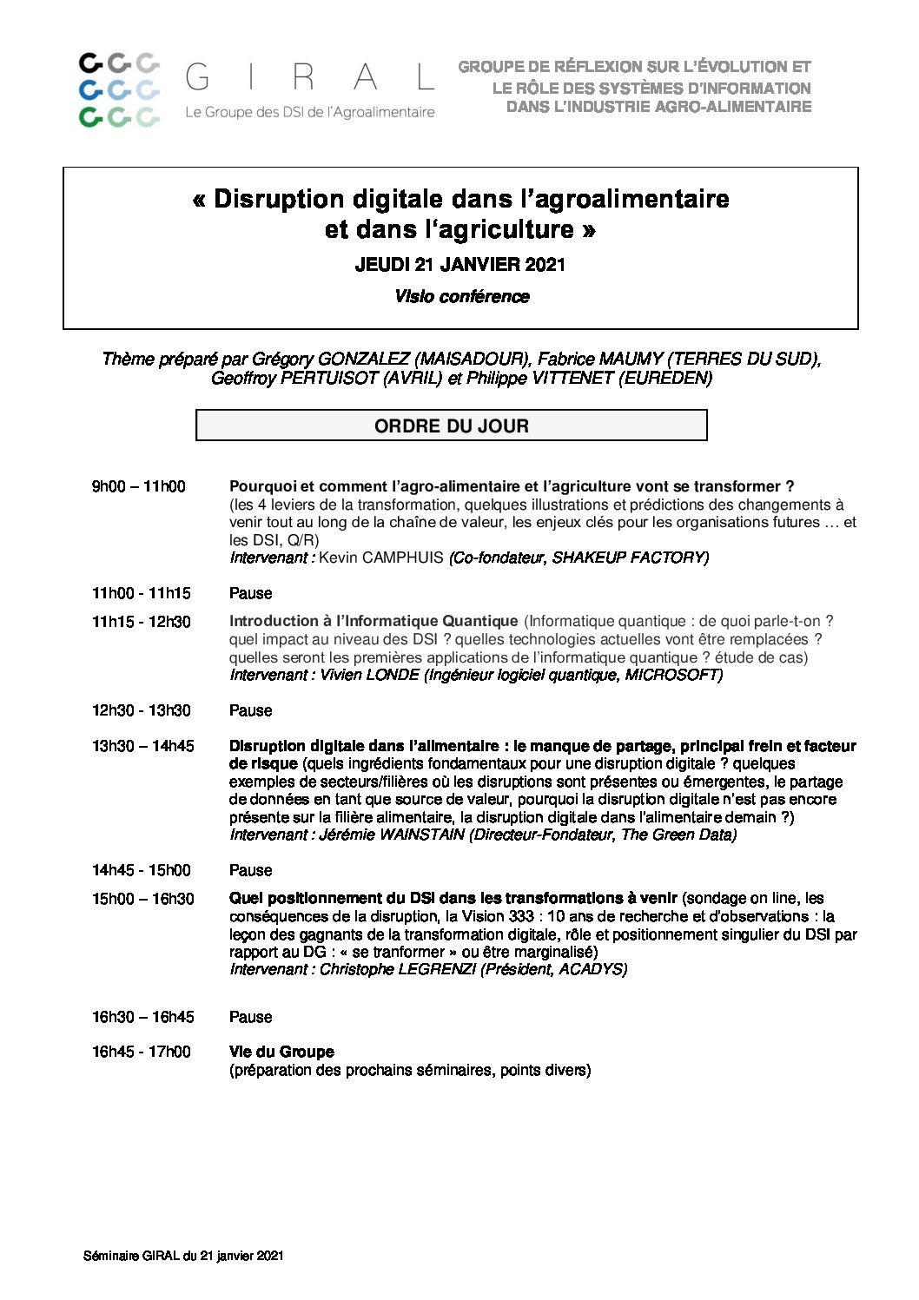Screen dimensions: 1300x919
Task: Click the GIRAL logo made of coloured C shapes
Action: pos(119,89)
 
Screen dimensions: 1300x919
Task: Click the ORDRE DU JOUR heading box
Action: pos(451,426)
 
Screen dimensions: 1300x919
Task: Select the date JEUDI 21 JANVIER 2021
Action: pos(459,265)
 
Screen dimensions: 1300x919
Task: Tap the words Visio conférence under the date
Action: pos(461,297)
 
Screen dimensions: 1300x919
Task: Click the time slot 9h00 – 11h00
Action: pos(138,486)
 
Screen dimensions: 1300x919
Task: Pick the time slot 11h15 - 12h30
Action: pos(141,622)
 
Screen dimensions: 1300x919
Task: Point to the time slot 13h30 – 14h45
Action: pos(142,746)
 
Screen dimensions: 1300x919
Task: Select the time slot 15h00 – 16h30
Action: pos(142,899)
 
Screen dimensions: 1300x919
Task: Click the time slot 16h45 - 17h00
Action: pos(141,1052)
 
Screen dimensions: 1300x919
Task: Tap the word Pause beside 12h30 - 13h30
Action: pos(250,710)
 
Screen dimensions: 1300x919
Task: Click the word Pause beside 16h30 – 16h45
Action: pos(250,1017)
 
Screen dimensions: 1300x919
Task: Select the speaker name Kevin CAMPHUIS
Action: pos(380,558)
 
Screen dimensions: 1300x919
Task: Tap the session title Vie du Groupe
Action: pos(281,1052)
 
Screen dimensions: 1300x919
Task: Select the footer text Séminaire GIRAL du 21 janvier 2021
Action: pos(183,1256)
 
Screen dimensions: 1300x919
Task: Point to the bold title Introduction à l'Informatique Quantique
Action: pos(373,621)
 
